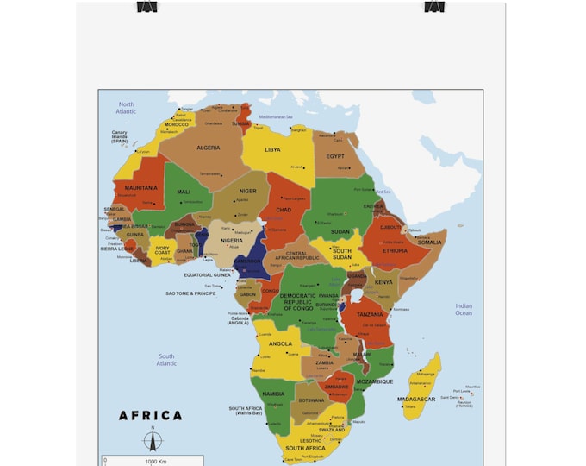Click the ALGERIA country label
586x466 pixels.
click(x=208, y=148)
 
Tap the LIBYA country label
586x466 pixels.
click(x=272, y=149)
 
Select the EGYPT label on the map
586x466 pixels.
click(x=335, y=156)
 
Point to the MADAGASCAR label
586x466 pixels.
click(x=416, y=400)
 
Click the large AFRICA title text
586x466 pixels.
click(x=151, y=415)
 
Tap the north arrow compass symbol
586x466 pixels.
click(x=153, y=440)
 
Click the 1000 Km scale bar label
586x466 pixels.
click(x=156, y=462)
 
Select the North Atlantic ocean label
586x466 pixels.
click(x=127, y=107)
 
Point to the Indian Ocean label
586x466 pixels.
click(x=464, y=309)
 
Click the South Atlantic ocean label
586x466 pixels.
click(x=166, y=359)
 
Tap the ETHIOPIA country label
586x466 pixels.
click(x=396, y=251)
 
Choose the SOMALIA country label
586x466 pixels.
click(x=429, y=242)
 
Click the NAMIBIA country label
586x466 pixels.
click(x=273, y=394)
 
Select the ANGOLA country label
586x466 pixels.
click(x=280, y=343)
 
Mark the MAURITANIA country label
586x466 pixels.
click(x=140, y=187)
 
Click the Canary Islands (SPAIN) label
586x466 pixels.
click(x=119, y=136)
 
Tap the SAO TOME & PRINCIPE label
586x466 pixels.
click(x=191, y=293)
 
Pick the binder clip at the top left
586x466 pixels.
click(x=148, y=6)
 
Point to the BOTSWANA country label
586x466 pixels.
click(x=311, y=400)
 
